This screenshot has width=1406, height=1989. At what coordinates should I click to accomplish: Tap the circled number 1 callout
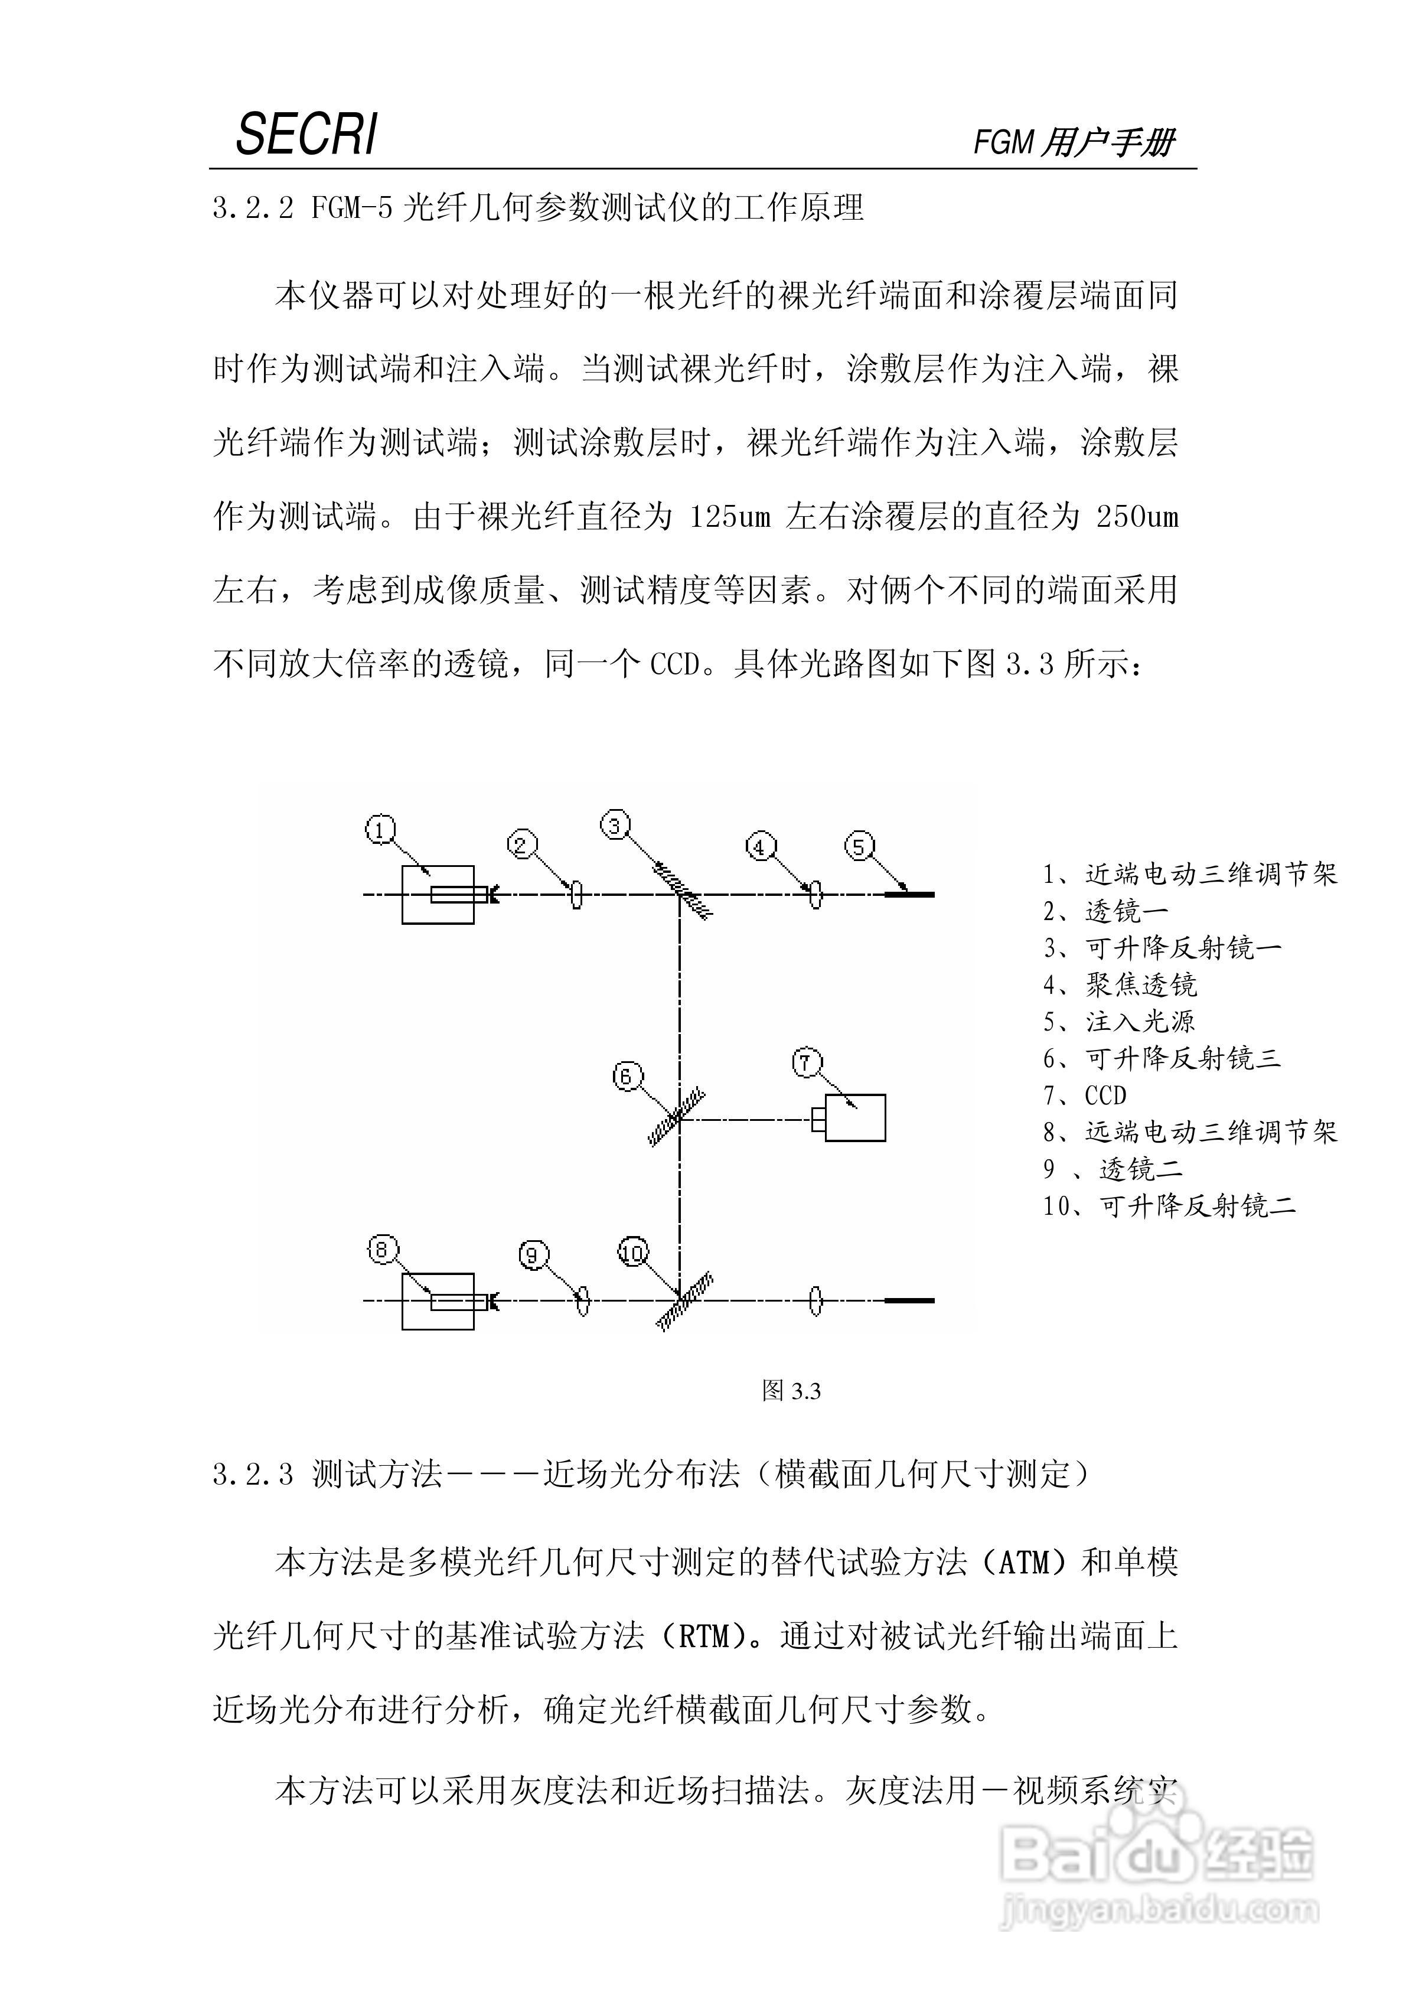coord(380,830)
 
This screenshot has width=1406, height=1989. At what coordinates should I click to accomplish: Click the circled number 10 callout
coord(633,1253)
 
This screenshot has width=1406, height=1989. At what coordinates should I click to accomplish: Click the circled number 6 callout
coord(627,1077)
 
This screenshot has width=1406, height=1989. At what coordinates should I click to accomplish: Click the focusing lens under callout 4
coord(814,894)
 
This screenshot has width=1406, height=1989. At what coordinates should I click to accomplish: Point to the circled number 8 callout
coord(382,1249)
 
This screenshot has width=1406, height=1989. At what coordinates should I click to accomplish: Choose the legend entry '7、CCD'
coord(1085,1096)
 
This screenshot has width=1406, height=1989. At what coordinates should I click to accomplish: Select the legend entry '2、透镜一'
coord(1105,911)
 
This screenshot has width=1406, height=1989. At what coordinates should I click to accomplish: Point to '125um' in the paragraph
coord(729,517)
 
